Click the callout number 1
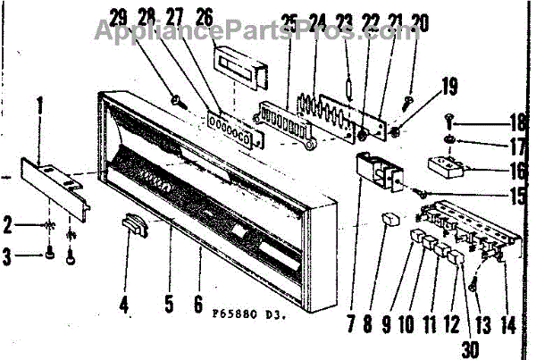pyautogui.click(x=38, y=105)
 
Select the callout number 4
pyautogui.click(x=124, y=304)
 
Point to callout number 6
pyautogui.click(x=197, y=304)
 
